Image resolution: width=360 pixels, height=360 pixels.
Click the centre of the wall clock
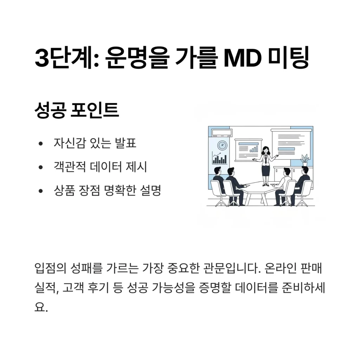point(222,145)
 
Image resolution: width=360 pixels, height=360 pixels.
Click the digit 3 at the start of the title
point(41,58)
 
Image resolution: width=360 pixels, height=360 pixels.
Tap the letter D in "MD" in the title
point(252,58)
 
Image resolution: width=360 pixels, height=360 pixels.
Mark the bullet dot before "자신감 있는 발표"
point(41,144)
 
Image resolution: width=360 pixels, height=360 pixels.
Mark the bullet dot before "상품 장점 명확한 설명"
point(41,191)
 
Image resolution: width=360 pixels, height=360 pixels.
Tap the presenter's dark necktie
point(266,159)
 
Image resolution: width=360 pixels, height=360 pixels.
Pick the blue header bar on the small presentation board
point(249,144)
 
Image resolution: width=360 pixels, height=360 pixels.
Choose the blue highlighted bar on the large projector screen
point(286,149)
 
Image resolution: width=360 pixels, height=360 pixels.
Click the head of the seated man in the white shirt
point(287,171)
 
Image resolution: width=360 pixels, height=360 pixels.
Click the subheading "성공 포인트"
point(77,110)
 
